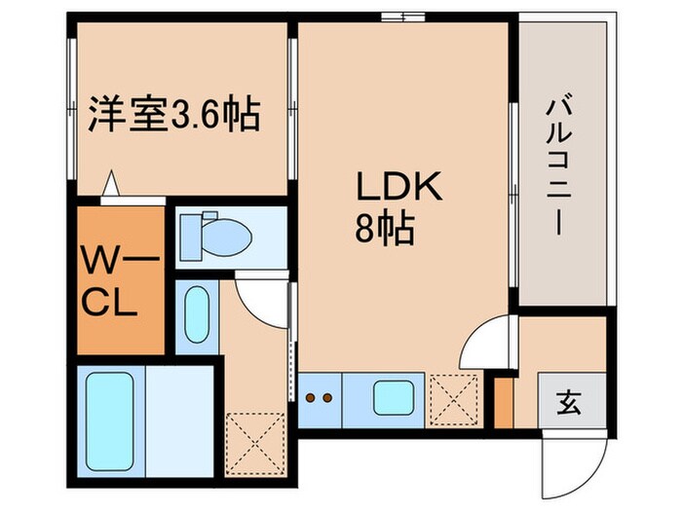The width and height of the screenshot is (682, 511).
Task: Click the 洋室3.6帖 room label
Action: point(175,116)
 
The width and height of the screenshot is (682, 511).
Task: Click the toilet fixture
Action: point(215,235)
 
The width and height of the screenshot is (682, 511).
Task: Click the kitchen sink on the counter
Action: point(393,398)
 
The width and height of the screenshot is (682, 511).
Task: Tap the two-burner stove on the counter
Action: point(320,398)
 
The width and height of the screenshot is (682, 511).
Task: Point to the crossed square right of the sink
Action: point(453,398)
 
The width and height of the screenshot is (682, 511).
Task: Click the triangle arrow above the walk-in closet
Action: point(113,182)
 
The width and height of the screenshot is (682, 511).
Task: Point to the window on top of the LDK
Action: point(401,17)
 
